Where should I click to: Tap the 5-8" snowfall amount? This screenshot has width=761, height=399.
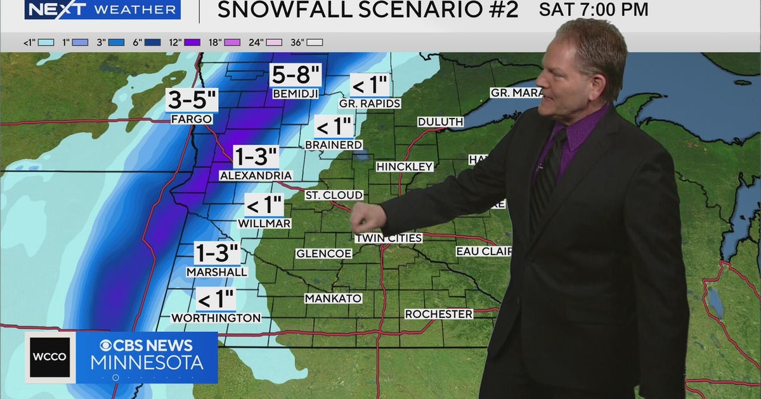click(x=296, y=75)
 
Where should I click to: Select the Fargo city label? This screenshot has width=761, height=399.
click(x=191, y=119)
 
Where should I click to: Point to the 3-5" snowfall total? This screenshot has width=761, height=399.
click(x=193, y=101)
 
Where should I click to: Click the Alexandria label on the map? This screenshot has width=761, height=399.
click(x=256, y=175)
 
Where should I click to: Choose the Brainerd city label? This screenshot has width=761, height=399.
click(x=334, y=145)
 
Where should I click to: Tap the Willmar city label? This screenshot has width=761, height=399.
click(x=264, y=224)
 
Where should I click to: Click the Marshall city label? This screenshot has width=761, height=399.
click(x=217, y=272)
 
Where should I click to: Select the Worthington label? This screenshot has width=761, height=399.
click(x=216, y=318)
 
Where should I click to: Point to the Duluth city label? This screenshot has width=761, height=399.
click(x=440, y=122)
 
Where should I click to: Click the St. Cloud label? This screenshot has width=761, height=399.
click(x=334, y=195)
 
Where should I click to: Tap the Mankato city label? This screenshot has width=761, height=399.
click(x=333, y=298)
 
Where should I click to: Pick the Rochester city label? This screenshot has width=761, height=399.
click(x=439, y=314)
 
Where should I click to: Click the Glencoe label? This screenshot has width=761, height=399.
click(x=323, y=254)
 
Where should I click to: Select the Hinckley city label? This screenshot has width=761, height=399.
click(x=405, y=167)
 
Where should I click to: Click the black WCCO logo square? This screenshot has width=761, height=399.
click(x=50, y=357)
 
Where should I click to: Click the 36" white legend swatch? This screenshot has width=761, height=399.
click(x=315, y=42)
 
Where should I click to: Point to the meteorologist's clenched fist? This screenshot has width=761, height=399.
click(x=366, y=217)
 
